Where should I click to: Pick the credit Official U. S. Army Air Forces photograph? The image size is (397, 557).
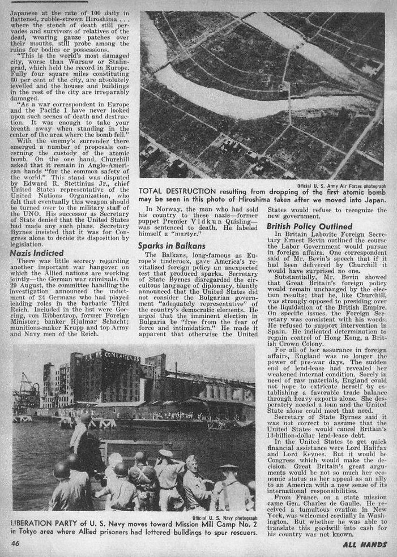coord(343,185)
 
